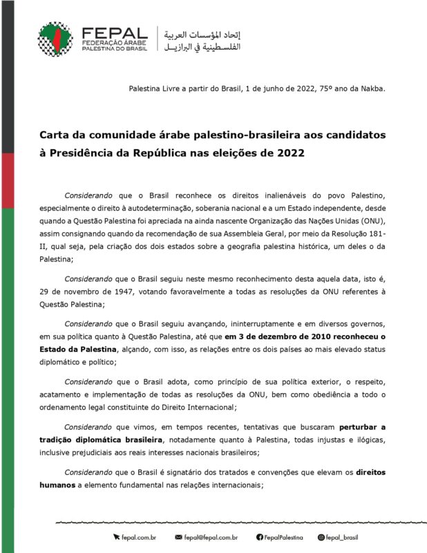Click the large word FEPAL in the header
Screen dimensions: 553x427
[114, 32]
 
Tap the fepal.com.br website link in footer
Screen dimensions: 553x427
[141, 536]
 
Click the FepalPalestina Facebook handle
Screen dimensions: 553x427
[285, 536]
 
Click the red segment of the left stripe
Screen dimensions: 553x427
[7, 180]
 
